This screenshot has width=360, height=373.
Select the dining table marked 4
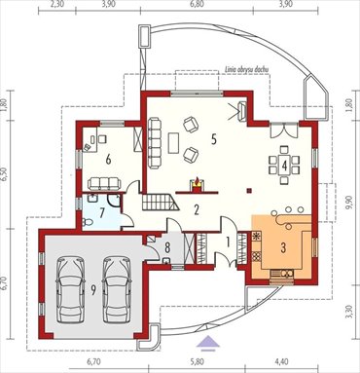[284, 164]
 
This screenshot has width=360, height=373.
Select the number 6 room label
[109, 156]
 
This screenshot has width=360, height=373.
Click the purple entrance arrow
[205, 341]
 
